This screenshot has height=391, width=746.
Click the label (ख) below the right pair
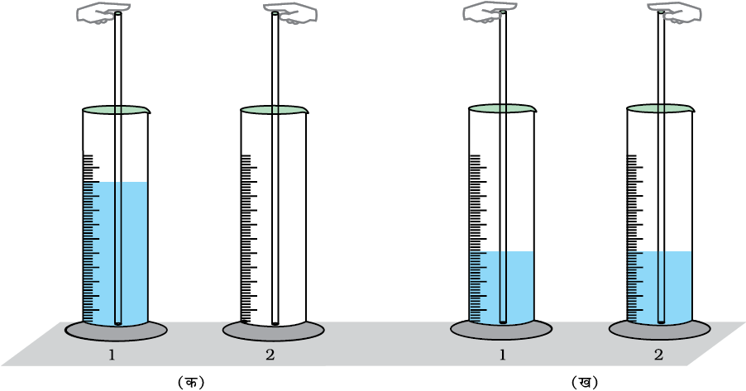coord(584,382)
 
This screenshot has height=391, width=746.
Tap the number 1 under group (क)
coord(111,355)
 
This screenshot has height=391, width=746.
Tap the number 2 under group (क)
coord(270,355)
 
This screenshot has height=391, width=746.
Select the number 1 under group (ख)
coord(502,355)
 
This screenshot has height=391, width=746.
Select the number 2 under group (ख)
coord(658,355)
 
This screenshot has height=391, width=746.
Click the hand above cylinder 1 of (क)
coord(98,13)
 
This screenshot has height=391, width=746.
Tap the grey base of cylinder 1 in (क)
coord(116,331)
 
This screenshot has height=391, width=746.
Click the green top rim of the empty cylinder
coord(274,109)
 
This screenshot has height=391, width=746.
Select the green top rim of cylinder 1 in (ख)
coord(502,108)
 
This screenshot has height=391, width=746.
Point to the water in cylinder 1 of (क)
coord(132,248)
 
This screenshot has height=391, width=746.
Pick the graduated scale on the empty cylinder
coord(246,240)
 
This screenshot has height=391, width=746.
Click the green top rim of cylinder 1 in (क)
coord(116,109)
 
